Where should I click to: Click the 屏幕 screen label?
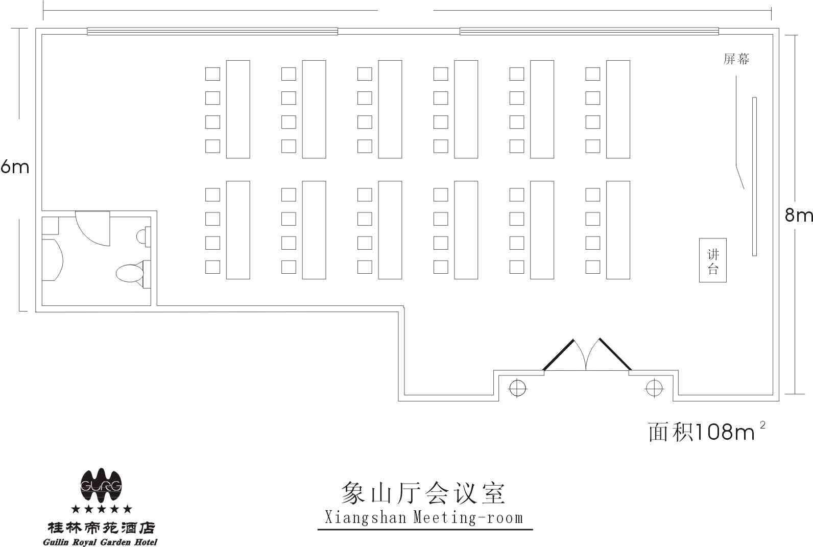(736, 59)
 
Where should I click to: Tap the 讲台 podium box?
(713, 260)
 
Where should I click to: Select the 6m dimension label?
(14, 168)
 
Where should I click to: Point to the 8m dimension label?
(799, 215)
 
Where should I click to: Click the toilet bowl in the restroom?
(130, 273)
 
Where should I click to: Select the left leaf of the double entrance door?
(558, 355)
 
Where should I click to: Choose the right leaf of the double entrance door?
(615, 354)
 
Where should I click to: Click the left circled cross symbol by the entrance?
(517, 388)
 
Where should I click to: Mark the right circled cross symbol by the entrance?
(654, 388)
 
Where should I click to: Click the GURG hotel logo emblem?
(101, 485)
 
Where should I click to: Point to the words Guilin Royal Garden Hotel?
(100, 542)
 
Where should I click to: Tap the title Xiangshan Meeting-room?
(424, 517)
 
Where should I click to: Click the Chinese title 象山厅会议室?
(423, 493)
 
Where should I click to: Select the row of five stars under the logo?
(101, 509)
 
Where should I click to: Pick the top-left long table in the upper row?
(238, 109)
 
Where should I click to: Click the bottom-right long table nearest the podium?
(618, 230)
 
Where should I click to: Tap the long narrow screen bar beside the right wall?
(754, 176)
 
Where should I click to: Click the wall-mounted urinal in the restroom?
(144, 236)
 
